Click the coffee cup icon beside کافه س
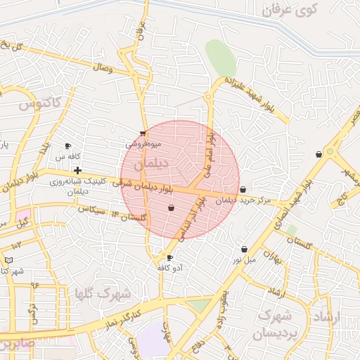pyautogui.click(x=68, y=146)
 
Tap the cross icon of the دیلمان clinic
pyautogui.click(x=77, y=170)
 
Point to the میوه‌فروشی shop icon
pyautogui.click(x=143, y=133)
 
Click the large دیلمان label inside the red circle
pyautogui.click(x=151, y=163)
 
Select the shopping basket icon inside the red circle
pyautogui.click(x=172, y=208)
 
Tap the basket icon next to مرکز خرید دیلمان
pyautogui.click(x=243, y=189)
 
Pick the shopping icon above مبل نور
pyautogui.click(x=244, y=249)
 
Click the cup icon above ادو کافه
pyautogui.click(x=169, y=257)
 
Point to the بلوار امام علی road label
pyautogui.click(x=209, y=154)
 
